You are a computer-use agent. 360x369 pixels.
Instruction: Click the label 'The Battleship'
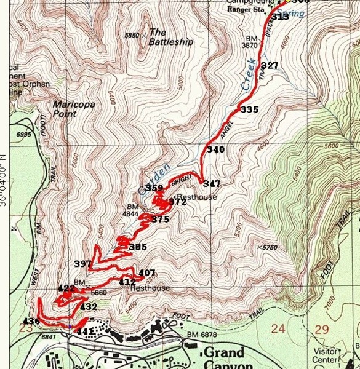(x=171, y=37)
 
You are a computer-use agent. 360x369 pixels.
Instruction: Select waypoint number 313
(x=280, y=17)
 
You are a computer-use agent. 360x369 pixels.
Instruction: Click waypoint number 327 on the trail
(x=270, y=66)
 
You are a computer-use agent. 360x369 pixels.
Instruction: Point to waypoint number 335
(x=249, y=109)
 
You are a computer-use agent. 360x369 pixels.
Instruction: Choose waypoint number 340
(x=216, y=149)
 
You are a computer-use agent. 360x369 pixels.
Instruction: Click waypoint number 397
(x=82, y=264)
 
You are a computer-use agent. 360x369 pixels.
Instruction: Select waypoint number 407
(x=146, y=273)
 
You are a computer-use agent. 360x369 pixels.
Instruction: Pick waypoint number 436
(x=31, y=321)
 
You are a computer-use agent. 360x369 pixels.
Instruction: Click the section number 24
(x=278, y=329)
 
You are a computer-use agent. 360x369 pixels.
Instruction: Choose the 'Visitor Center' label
(x=328, y=355)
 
